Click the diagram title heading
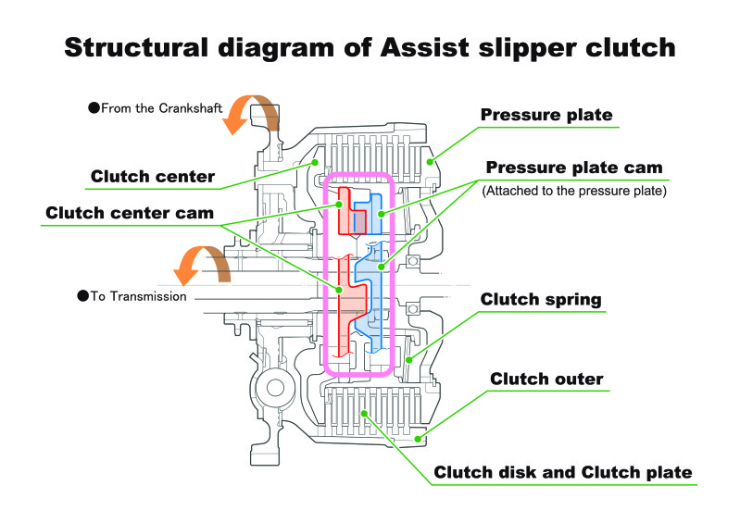(x=370, y=48)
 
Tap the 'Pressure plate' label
(x=546, y=115)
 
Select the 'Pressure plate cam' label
(x=574, y=168)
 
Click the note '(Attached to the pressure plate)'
(x=574, y=191)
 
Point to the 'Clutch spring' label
(x=541, y=300)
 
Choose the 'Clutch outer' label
(x=546, y=379)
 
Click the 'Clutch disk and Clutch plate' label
(x=563, y=472)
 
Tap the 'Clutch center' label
(x=153, y=177)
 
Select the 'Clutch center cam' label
(x=130, y=213)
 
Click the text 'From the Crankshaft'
(x=161, y=108)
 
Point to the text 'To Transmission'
(x=138, y=296)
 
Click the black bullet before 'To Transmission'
(x=83, y=296)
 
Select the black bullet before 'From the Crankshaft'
(x=94, y=108)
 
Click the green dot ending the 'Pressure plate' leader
(x=430, y=162)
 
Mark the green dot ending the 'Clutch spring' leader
(x=409, y=360)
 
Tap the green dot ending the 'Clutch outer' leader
(x=418, y=439)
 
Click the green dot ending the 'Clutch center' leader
(x=315, y=162)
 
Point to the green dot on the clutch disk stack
(x=364, y=414)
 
